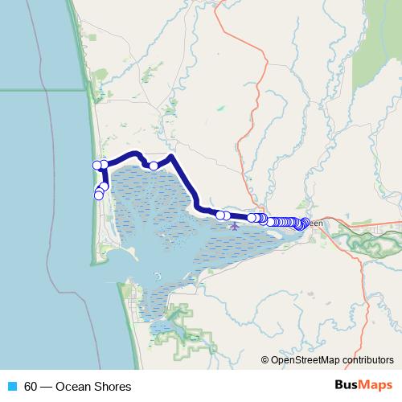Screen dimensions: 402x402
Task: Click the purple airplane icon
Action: [235, 225]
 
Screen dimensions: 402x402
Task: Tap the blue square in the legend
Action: [13, 387]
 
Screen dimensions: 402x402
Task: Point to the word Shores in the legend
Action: [113, 387]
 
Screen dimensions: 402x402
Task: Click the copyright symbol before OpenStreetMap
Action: [265, 360]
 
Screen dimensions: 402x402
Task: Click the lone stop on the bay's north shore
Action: [153, 166]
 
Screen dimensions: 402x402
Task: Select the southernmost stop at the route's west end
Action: [99, 195]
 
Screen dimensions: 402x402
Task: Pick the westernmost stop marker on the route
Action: [96, 165]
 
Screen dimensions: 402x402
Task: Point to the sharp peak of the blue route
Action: [170, 155]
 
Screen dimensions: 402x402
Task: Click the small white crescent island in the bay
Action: [157, 275]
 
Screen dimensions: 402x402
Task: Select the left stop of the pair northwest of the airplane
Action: [219, 215]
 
